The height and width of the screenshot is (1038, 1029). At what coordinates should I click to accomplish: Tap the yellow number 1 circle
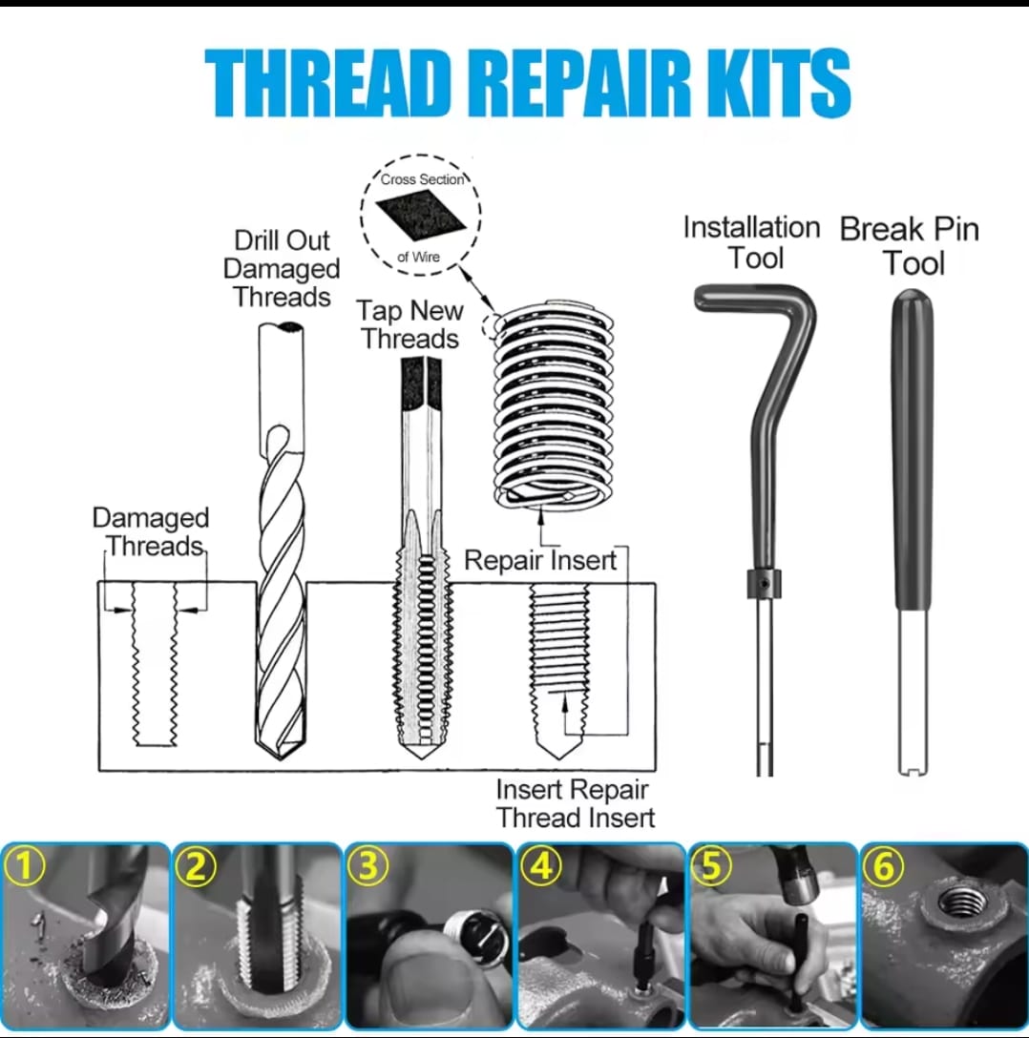tap(23, 866)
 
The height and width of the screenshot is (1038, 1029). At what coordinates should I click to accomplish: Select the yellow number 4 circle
tap(539, 866)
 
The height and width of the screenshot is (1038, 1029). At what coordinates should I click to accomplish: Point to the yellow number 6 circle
tap(883, 866)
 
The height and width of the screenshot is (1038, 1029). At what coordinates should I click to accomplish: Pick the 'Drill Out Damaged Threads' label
tap(282, 268)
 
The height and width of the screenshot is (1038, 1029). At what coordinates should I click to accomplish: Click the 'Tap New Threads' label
tap(409, 324)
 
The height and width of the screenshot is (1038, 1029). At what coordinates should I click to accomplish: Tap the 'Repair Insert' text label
tap(539, 560)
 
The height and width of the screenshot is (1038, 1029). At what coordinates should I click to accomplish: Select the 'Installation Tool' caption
tap(752, 242)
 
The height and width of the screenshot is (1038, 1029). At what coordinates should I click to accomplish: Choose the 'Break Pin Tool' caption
tap(910, 245)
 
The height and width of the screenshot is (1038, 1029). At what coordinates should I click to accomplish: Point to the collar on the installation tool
tap(764, 583)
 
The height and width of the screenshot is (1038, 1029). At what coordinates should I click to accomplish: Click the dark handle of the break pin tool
tap(913, 450)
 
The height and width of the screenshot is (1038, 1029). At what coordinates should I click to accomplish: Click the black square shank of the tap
tap(421, 383)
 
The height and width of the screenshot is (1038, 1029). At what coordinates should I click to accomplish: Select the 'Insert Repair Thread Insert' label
tap(575, 803)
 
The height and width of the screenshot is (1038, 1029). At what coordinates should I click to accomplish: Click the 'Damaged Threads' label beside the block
tap(150, 531)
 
